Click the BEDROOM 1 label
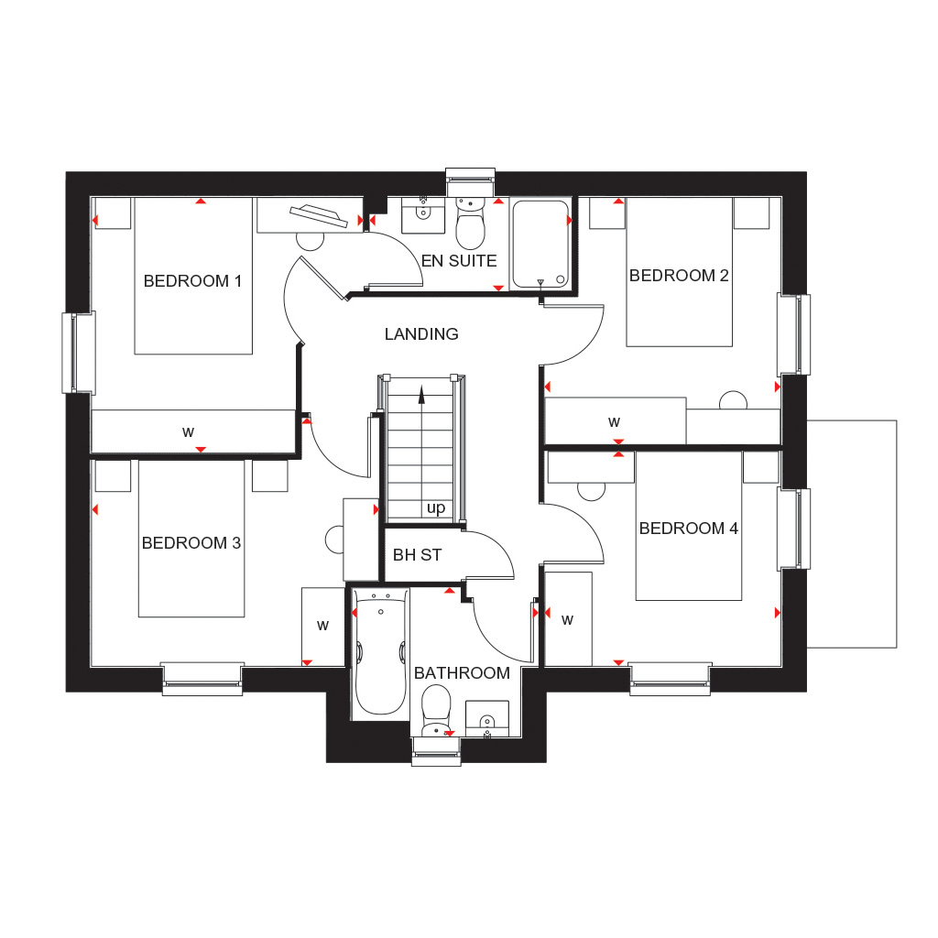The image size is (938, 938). click(192, 281)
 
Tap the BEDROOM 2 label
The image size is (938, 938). click(679, 276)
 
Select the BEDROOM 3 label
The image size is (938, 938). click(191, 543)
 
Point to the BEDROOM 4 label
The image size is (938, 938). click(689, 529)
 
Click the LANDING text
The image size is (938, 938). click(421, 334)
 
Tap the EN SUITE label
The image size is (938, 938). click(459, 261)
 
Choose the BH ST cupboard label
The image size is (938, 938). click(417, 555)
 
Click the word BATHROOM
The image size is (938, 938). click(462, 673)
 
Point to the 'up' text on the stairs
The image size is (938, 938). click(436, 508)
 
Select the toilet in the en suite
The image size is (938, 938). click(471, 223)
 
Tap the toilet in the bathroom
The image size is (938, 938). click(436, 711)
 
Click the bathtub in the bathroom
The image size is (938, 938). click(380, 652)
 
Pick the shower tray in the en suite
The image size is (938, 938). click(540, 244)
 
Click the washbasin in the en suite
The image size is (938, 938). click(423, 214)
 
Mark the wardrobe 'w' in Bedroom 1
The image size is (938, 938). click(188, 432)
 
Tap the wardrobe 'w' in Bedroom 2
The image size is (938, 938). click(614, 422)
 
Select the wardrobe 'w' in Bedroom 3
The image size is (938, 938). click(322, 626)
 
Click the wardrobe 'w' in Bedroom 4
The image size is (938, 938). click(567, 620)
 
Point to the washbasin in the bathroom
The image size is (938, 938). click(487, 719)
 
